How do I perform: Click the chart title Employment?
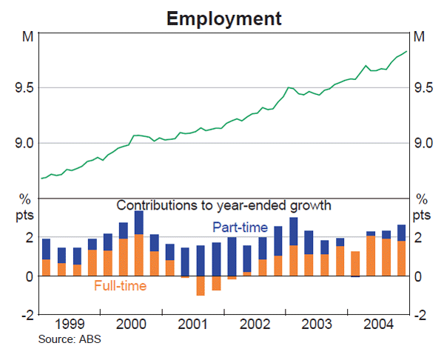[x=223, y=17]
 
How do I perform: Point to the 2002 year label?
[x=254, y=325]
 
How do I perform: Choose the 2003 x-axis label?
[x=315, y=325]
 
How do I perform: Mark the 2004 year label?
[x=376, y=325]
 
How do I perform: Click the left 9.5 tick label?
[x=24, y=87]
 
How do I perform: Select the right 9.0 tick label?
[x=423, y=143]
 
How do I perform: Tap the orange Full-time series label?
[x=120, y=285]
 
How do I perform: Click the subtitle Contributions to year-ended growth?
[x=223, y=205]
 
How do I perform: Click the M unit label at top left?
[x=28, y=36]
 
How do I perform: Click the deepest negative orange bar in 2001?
[x=200, y=286]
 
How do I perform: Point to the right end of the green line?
[x=406, y=52]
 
